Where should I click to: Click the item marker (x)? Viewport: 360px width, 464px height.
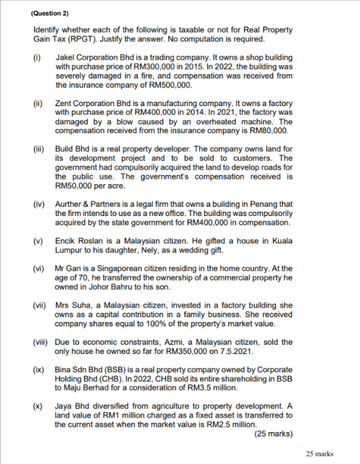click(x=37, y=407)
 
